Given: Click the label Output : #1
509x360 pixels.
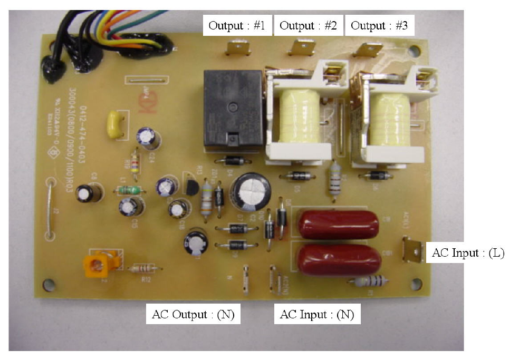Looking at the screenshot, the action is coord(237,25).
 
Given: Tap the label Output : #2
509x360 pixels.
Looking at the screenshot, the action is coord(308,25).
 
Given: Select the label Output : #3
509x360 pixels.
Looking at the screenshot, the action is coord(379,25).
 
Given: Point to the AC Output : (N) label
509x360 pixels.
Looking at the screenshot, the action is coord(193,315).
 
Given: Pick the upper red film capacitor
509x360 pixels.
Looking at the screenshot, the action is coord(339,222).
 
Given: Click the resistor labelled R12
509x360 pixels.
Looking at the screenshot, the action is coord(141,268).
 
